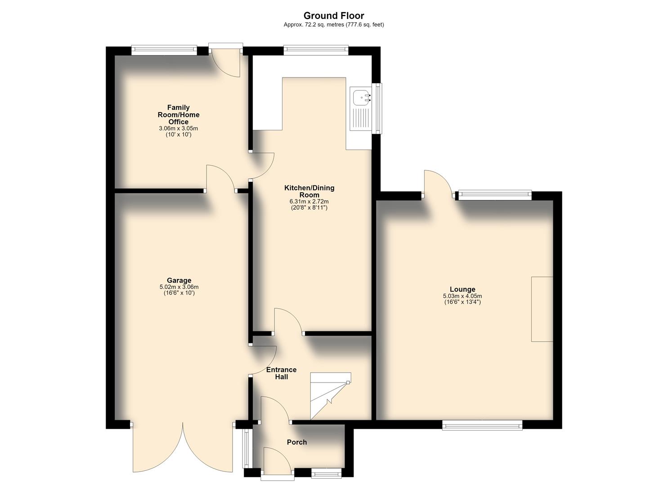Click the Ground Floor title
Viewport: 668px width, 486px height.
334,15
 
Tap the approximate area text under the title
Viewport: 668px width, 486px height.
334,25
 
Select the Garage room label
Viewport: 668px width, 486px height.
179,280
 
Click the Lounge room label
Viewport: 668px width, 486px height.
462,289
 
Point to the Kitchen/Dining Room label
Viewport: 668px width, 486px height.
309,191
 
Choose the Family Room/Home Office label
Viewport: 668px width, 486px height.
178,115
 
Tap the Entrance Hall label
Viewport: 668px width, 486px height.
282,373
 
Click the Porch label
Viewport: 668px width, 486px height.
297,442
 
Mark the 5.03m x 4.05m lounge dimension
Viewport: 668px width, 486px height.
462,296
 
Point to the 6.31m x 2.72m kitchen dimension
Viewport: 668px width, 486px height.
309,202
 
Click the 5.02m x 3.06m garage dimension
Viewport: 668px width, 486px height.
179,287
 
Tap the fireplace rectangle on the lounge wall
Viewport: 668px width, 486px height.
542,309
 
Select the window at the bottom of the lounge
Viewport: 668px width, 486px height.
482,425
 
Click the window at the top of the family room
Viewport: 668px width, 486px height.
164,50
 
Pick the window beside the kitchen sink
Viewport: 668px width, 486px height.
379,108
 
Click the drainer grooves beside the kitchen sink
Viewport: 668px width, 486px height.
361,119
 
